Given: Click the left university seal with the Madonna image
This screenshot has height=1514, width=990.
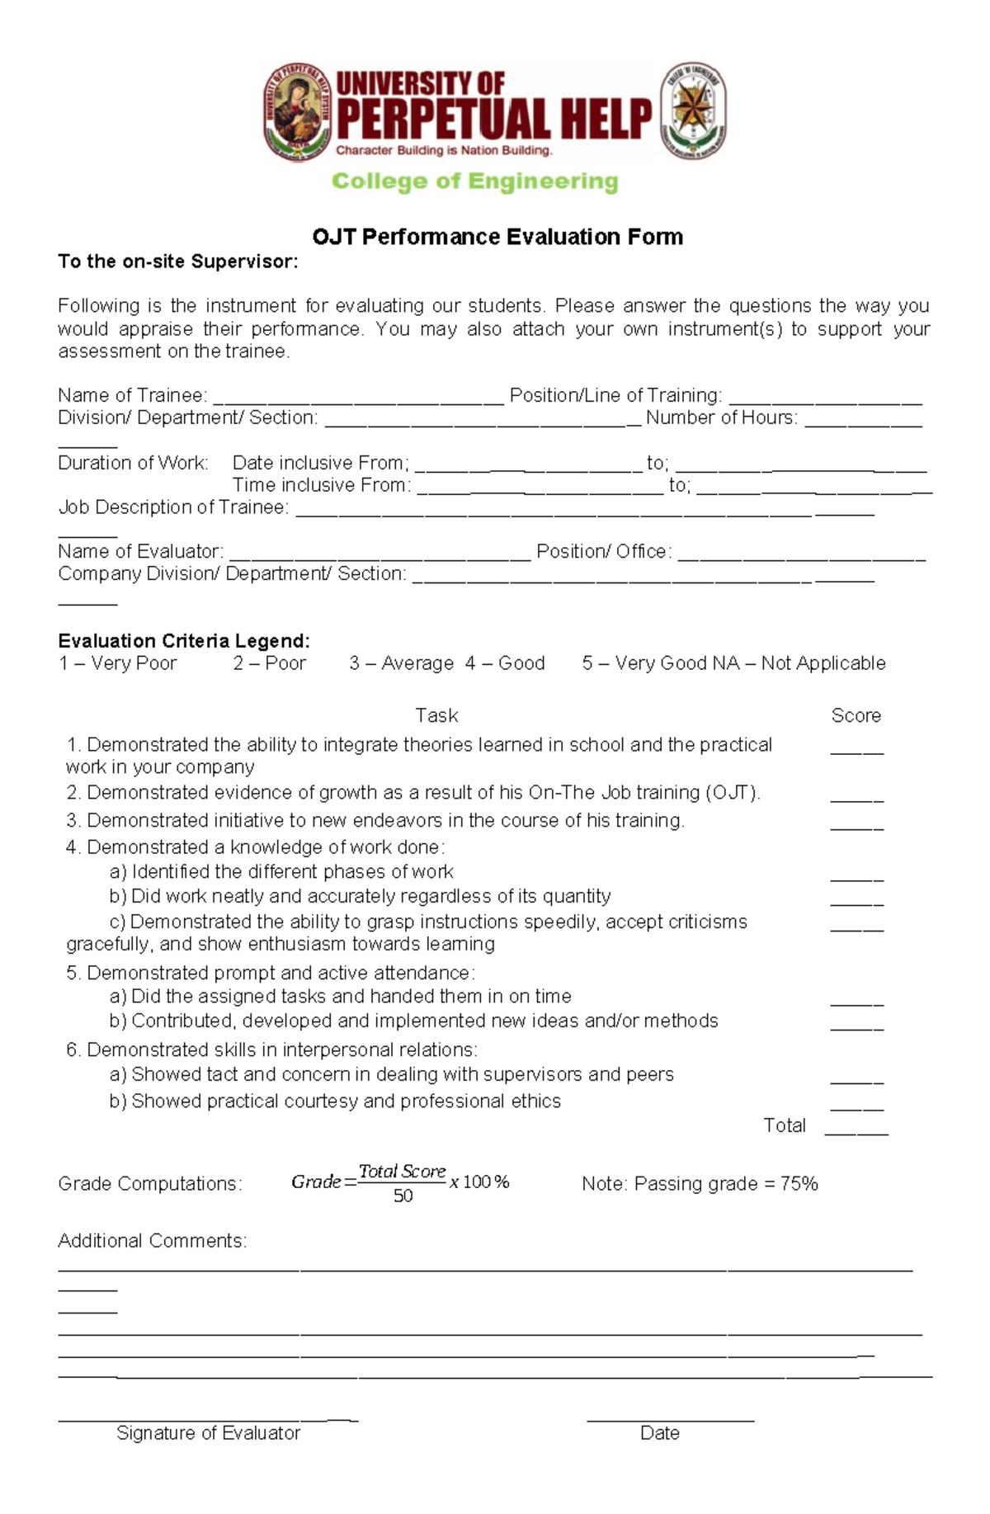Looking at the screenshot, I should (298, 111).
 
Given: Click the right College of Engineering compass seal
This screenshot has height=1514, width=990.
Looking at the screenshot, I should (693, 111).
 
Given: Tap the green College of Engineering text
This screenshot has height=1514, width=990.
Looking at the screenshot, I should (474, 182).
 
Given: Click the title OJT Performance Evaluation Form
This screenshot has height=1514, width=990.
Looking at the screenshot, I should (497, 238).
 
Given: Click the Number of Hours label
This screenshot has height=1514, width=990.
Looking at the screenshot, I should (722, 418).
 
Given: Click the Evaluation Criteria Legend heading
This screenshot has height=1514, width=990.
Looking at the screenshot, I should (184, 641).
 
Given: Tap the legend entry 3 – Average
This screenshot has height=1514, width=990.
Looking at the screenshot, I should (401, 663).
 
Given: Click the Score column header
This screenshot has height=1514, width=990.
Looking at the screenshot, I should (856, 715).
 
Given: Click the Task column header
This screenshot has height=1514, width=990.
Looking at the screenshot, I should (436, 715).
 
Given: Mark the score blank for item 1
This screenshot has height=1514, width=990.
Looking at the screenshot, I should (856, 752).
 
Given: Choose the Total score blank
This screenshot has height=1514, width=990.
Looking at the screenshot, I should (856, 1132).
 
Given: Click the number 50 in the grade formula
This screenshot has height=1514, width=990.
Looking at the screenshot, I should (403, 1196).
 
